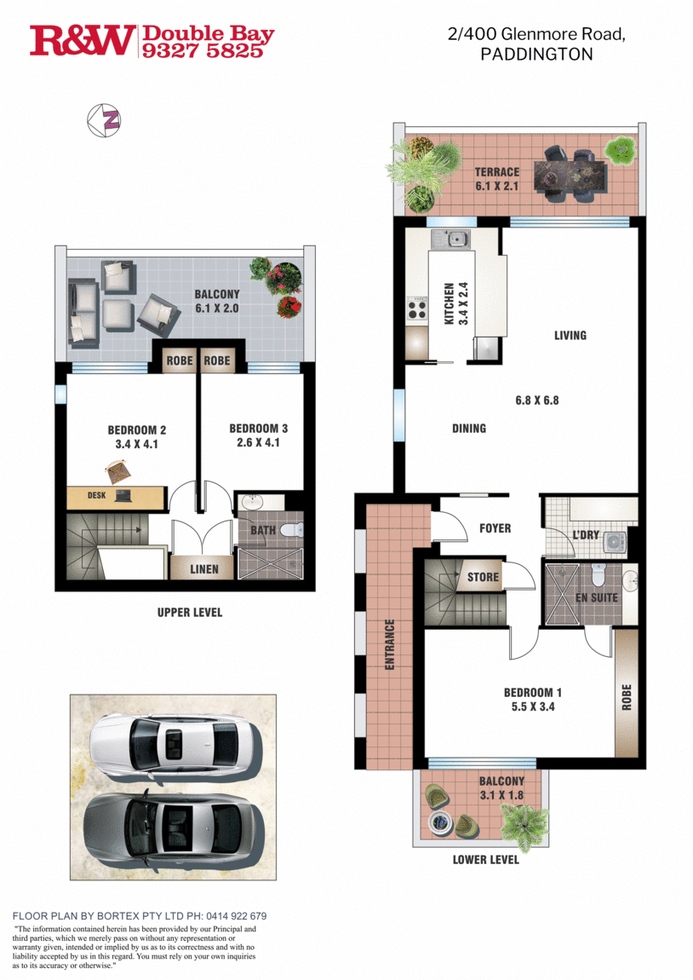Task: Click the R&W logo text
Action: [83, 40]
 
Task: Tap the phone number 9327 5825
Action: [208, 50]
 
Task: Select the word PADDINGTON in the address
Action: [536, 54]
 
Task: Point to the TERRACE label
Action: [496, 172]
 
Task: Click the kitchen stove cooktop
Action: [417, 308]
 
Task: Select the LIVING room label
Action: [570, 335]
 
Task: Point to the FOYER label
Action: [495, 528]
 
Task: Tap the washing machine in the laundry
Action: [613, 541]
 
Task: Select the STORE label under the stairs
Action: [483, 577]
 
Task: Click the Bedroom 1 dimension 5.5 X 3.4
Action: [532, 706]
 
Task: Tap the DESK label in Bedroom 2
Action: [96, 495]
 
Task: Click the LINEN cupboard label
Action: [203, 568]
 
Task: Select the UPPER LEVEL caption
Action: [189, 612]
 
